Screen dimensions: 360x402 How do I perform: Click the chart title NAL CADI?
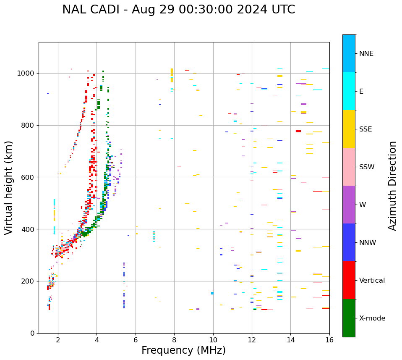178,10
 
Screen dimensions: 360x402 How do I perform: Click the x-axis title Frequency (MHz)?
183,350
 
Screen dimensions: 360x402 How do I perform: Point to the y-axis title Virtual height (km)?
9,188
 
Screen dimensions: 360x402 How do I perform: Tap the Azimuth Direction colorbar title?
392,186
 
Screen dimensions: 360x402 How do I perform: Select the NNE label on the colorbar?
366,54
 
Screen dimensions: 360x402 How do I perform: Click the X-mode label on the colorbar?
372,318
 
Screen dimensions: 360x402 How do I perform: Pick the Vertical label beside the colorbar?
372,281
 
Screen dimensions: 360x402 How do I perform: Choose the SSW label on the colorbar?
367,167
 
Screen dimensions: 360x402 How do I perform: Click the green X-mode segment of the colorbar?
349,318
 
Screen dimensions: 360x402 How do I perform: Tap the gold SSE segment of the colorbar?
349,129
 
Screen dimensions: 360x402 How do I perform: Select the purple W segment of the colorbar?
349,205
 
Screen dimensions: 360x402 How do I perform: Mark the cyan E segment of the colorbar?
349,91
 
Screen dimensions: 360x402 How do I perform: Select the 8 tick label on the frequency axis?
174,340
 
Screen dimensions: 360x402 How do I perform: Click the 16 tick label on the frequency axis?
329,340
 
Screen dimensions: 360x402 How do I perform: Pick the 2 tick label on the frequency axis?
58,340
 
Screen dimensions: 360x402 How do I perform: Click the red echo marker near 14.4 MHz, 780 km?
298,131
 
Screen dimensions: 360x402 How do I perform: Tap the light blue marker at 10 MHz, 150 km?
212,293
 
